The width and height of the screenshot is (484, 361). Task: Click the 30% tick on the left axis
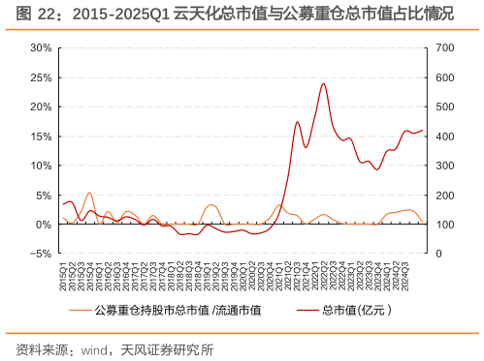coord(40,47)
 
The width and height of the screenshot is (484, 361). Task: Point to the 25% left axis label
coord(40,76)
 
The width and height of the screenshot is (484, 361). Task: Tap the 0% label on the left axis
coord(43,225)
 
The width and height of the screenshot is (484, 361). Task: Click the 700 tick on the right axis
coord(442,47)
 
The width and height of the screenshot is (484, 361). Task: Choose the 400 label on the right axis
coord(442,135)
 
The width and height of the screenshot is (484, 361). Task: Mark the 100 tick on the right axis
coord(442,225)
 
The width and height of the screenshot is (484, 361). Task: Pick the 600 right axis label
coord(442,76)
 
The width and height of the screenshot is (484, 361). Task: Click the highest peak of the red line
coord(323,83)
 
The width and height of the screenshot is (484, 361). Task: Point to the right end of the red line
coord(422,131)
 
